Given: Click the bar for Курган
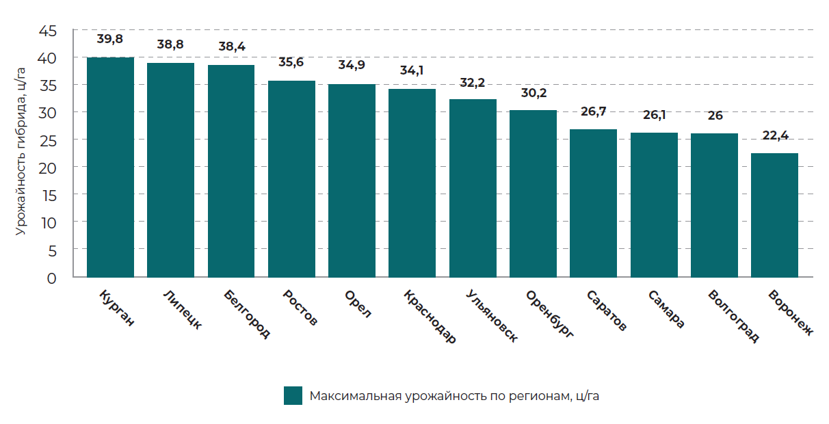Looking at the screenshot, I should click(110, 168).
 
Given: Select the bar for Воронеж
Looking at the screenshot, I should click(774, 215).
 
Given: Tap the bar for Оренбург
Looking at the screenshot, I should click(533, 194).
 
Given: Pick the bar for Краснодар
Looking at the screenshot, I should click(412, 183).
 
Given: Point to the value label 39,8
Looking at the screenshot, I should click(110, 39).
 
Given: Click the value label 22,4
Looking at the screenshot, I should click(774, 135).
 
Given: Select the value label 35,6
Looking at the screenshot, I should click(291, 62).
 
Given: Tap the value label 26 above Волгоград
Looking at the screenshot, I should click(715, 116).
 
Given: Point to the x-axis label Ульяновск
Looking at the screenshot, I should click(491, 315).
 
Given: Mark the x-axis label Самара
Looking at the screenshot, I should click(666, 309).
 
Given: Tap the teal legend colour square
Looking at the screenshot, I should click(293, 396).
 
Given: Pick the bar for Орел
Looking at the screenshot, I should click(352, 181).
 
